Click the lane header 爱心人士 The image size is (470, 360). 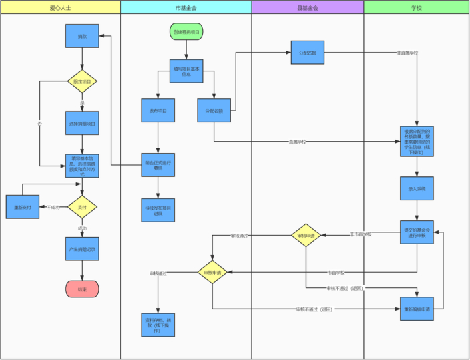click(x=60, y=7)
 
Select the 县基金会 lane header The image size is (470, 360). click(x=307, y=7)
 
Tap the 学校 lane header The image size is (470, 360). click(x=416, y=7)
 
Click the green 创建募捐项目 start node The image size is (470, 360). click(x=186, y=31)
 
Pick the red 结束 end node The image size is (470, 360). click(x=82, y=289)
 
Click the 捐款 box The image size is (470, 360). click(x=82, y=36)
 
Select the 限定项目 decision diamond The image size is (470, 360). click(x=82, y=82)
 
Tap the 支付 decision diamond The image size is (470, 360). click(x=82, y=208)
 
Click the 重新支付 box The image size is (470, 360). click(x=23, y=208)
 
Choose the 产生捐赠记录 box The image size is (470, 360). click(x=82, y=249)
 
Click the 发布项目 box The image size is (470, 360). click(x=158, y=110)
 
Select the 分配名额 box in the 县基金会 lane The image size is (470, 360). click(x=308, y=52)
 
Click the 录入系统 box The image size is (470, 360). click(x=417, y=189)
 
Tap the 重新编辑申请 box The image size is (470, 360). click(x=417, y=309)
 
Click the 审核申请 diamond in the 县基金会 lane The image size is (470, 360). click(x=307, y=235)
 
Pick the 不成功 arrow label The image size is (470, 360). click(x=53, y=208)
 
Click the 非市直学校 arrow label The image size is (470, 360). click(x=361, y=234)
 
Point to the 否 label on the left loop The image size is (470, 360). click(x=40, y=124)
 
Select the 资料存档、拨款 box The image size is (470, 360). click(x=158, y=324)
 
